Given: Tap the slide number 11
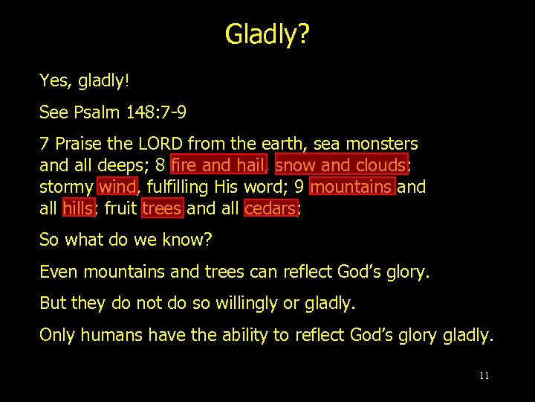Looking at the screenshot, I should pyautogui.click(x=484, y=376).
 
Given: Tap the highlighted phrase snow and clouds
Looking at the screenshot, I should pyautogui.click(x=341, y=165).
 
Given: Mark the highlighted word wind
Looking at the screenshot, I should pyautogui.click(x=117, y=186).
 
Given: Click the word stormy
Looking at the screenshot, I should pyautogui.click(x=66, y=186).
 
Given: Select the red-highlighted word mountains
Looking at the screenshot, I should pyautogui.click(x=351, y=186).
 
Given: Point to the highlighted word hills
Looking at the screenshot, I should pyautogui.click(x=77, y=208).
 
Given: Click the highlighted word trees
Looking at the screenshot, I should pyautogui.click(x=161, y=208).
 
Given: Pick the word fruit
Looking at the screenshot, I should pyautogui.click(x=120, y=208).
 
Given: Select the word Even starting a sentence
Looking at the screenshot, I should pyautogui.click(x=59, y=272).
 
